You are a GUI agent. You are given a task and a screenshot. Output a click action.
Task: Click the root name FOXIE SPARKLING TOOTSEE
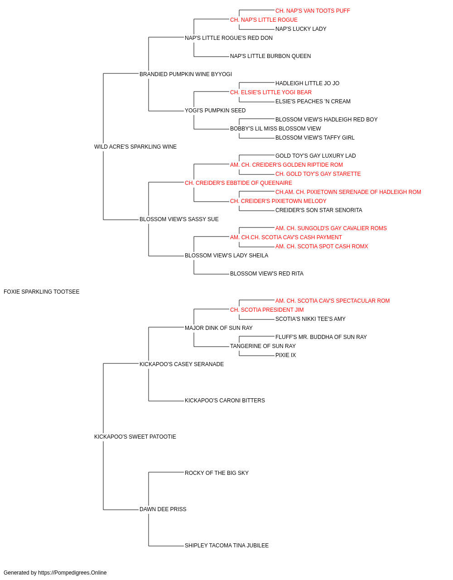[41, 292]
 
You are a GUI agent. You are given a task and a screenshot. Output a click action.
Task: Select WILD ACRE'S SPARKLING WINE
[135, 147]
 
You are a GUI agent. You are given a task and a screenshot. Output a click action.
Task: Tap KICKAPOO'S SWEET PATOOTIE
[135, 437]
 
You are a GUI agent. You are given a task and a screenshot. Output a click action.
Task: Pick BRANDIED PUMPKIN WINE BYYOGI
[186, 74]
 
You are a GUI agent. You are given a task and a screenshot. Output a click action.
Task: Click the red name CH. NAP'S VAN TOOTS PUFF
[313, 11]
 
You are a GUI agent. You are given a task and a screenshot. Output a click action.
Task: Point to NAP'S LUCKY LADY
[301, 29]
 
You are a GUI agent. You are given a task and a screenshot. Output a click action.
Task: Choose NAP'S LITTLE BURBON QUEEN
[270, 56]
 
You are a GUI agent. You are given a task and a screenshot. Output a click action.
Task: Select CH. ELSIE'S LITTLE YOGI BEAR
[271, 92]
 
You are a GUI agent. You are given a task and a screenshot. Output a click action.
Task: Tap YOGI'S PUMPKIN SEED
[215, 111]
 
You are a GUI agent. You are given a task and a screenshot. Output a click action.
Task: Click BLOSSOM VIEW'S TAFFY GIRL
[315, 138]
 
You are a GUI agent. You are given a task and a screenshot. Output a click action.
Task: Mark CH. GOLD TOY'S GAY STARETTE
[318, 174]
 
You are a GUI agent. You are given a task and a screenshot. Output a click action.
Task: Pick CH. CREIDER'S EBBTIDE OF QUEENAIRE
[238, 183]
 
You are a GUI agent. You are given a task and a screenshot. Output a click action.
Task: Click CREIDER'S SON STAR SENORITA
[319, 210]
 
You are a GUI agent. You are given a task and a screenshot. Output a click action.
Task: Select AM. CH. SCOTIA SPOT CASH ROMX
[322, 246]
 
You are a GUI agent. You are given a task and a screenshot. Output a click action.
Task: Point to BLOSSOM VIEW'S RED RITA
[267, 274]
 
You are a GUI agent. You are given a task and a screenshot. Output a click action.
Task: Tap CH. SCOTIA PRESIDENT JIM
[267, 310]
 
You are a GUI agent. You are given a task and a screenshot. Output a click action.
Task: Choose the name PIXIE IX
[285, 355]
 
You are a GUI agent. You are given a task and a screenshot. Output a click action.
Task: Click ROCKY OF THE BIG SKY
[217, 473]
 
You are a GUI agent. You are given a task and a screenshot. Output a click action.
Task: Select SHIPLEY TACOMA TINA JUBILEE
[227, 546]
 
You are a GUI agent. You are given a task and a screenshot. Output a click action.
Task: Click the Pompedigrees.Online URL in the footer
[72, 573]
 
